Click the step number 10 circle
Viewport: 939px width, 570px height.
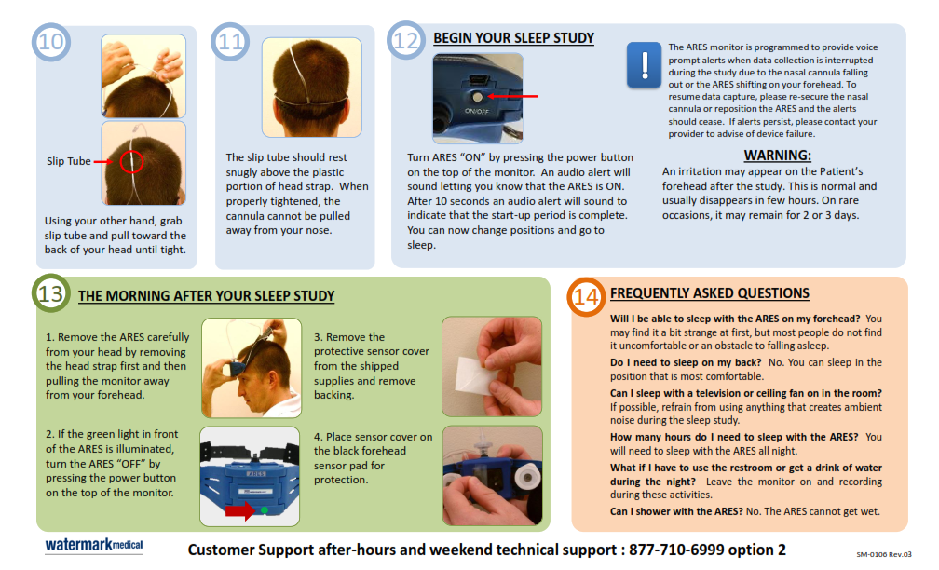[51, 41]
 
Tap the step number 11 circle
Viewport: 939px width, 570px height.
[230, 41]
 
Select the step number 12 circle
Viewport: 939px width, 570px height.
[405, 40]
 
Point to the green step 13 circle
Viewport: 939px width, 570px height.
[51, 292]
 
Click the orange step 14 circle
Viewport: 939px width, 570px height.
[586, 297]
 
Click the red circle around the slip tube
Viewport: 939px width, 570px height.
[131, 161]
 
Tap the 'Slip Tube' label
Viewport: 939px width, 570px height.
[68, 161]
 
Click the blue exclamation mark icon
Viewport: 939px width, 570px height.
[644, 64]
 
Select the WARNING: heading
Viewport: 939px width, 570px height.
[777, 155]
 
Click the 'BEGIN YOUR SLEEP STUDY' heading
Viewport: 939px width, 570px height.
[514, 38]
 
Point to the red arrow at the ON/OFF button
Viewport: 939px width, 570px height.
[512, 96]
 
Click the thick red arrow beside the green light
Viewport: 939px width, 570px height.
[240, 510]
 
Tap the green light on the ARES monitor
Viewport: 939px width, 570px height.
[265, 510]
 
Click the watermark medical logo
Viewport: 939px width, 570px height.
[94, 545]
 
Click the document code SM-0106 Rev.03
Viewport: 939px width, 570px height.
[883, 554]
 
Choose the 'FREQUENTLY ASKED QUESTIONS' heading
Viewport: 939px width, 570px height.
[710, 293]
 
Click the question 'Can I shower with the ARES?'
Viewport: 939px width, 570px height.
[676, 511]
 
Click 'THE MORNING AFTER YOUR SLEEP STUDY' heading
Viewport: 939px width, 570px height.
[206, 296]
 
